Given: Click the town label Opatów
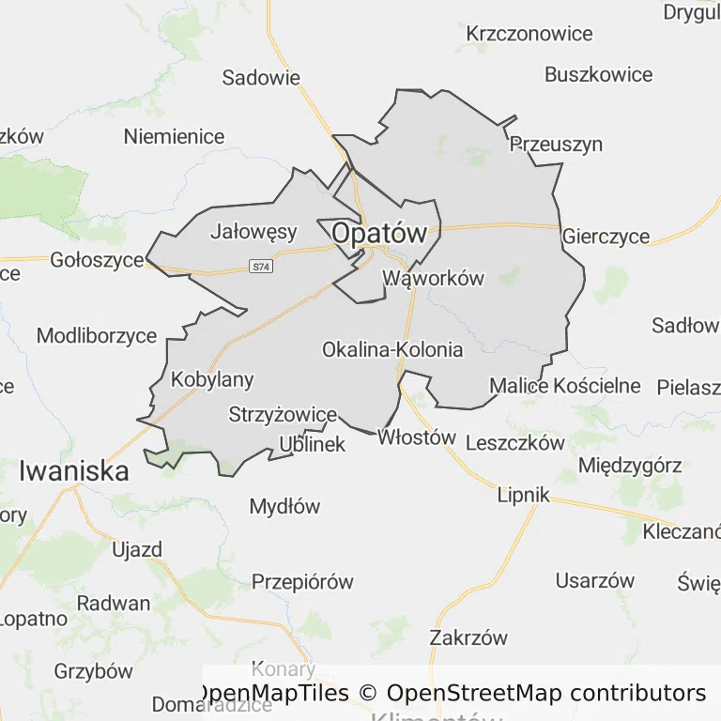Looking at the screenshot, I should pyautogui.click(x=379, y=233).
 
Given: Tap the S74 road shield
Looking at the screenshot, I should pyautogui.click(x=262, y=267).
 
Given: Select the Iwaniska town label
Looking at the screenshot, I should pyautogui.click(x=74, y=471).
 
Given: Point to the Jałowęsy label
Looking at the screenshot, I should pyautogui.click(x=253, y=231).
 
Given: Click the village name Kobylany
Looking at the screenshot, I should pyautogui.click(x=212, y=379).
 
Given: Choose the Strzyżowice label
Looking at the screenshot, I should pyautogui.click(x=283, y=414).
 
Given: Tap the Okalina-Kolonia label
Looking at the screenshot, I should pyautogui.click(x=392, y=350).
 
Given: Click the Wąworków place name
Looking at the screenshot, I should pyautogui.click(x=433, y=278).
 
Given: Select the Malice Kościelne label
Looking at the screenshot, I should pyautogui.click(x=565, y=386).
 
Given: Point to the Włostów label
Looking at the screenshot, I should pyautogui.click(x=416, y=437).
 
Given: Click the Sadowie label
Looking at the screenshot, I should pyautogui.click(x=261, y=78).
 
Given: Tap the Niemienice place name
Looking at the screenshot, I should pyautogui.click(x=175, y=137).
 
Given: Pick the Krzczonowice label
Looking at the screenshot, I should pyautogui.click(x=529, y=34).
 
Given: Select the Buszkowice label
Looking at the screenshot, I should pyautogui.click(x=598, y=74).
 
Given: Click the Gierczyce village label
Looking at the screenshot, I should pyautogui.click(x=606, y=237).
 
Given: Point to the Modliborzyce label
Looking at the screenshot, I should pyautogui.click(x=97, y=335).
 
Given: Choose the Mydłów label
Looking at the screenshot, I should pyautogui.click(x=284, y=507).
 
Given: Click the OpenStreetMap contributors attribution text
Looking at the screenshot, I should pyautogui.click(x=546, y=694).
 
